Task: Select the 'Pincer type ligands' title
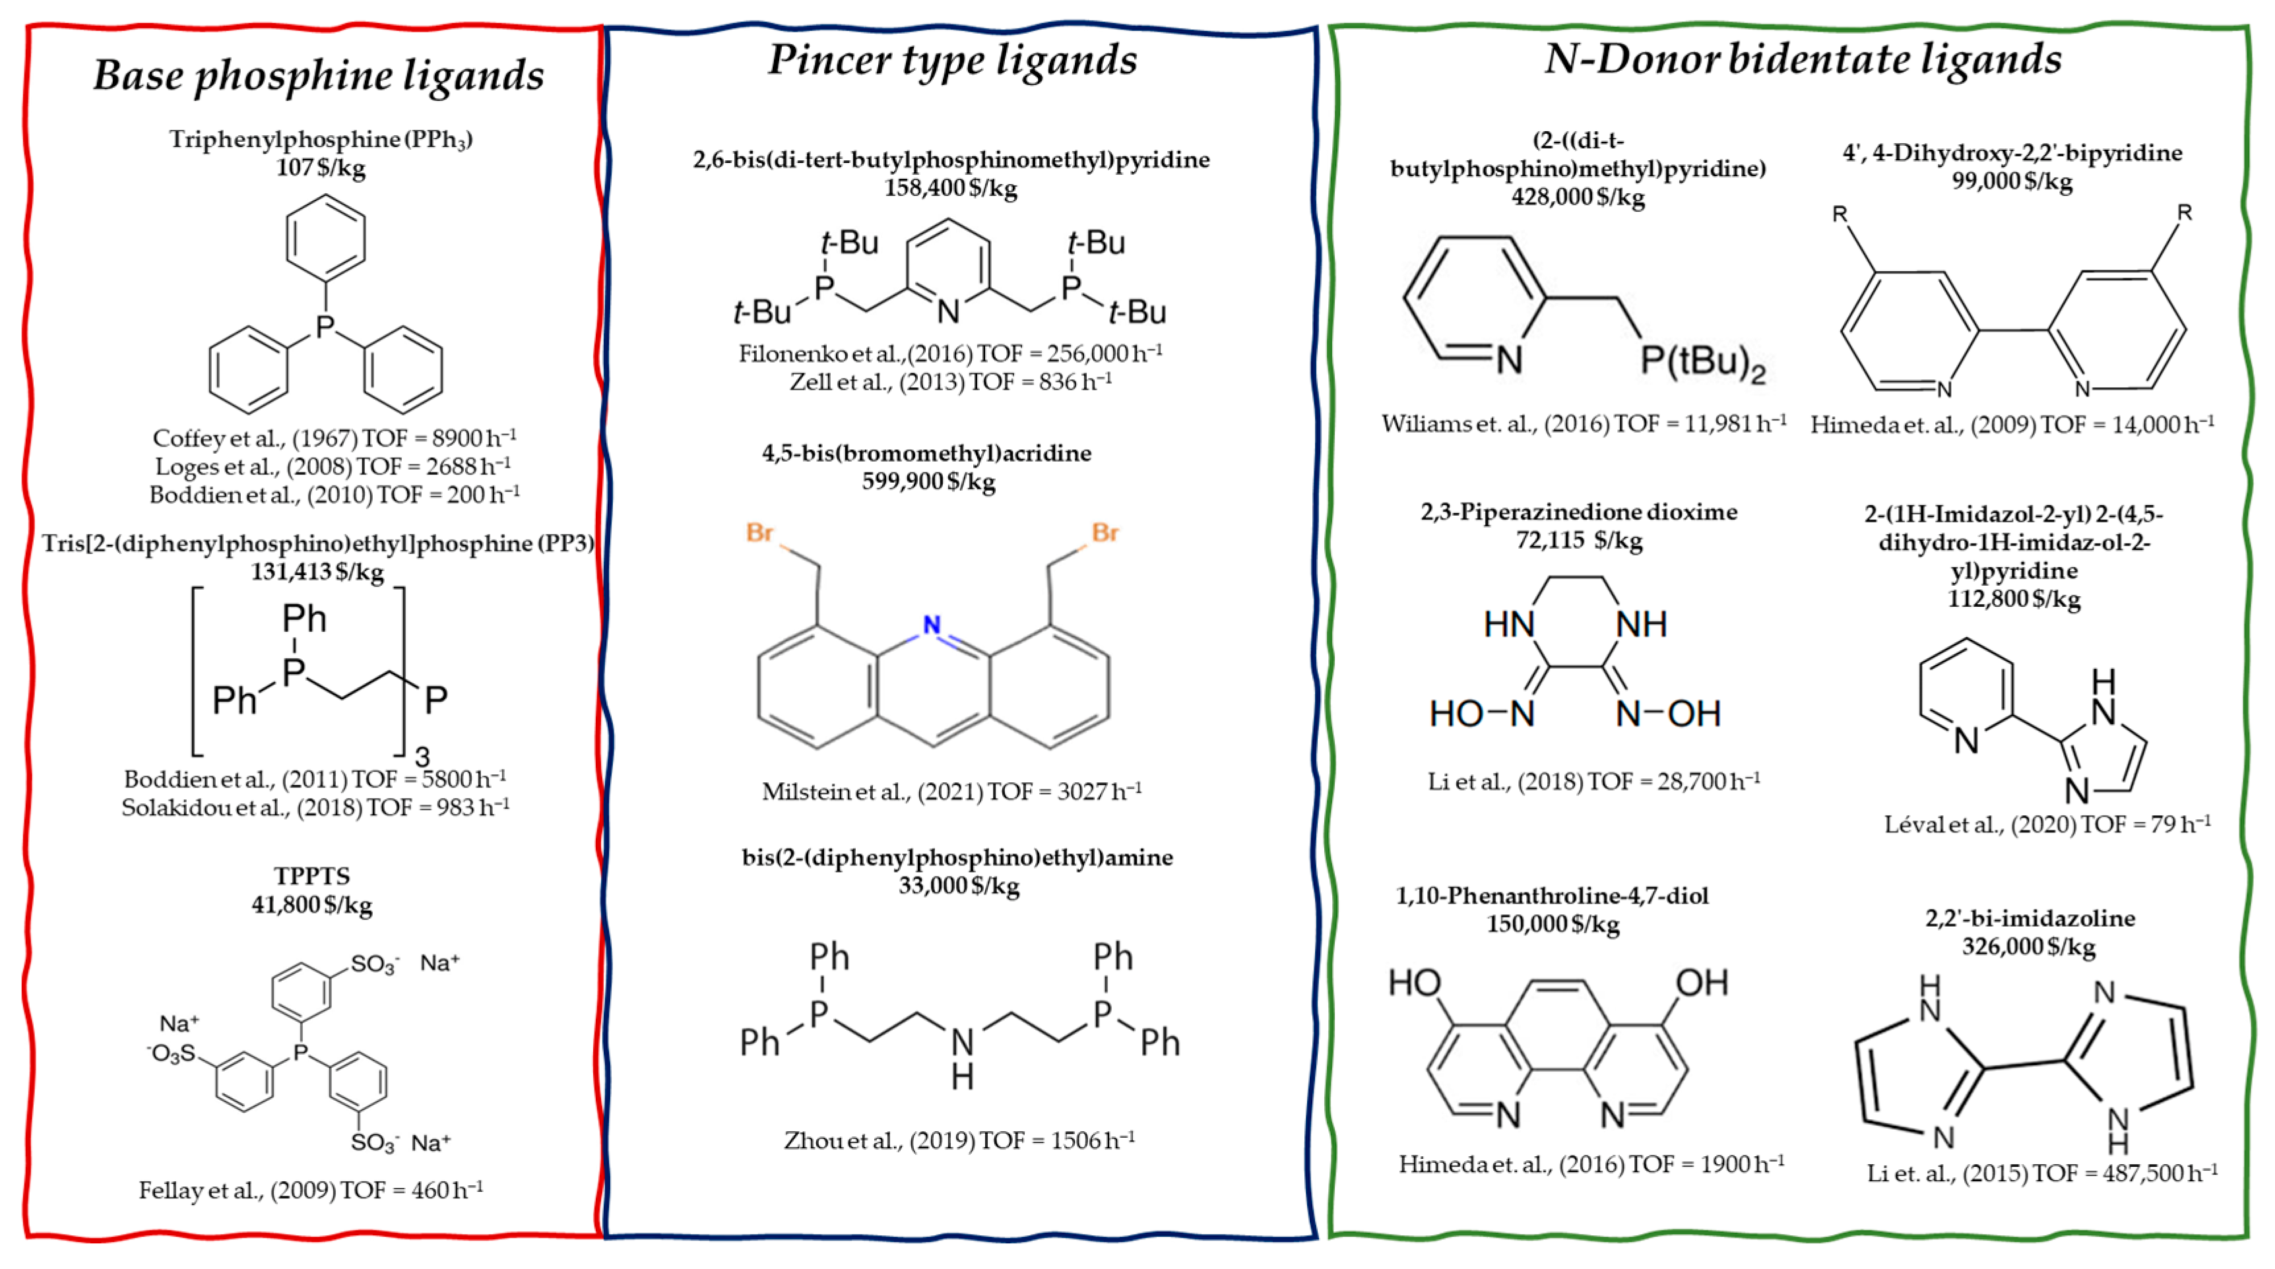click(952, 60)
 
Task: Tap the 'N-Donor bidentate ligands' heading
click(1803, 59)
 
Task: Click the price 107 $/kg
click(321, 167)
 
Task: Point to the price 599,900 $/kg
click(928, 481)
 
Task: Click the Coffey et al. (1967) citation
click(335, 438)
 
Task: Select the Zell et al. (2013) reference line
click(950, 381)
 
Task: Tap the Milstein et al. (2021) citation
click(951, 791)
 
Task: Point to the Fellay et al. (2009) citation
click(311, 1191)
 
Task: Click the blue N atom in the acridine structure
click(931, 625)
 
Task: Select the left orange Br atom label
click(759, 532)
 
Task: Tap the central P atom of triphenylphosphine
click(325, 326)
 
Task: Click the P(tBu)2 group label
click(1702, 361)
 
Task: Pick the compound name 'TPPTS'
click(311, 876)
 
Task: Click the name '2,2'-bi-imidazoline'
click(2030, 918)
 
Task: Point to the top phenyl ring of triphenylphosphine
click(326, 237)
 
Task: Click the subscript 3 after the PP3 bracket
click(422, 756)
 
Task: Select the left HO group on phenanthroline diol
click(1414, 982)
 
